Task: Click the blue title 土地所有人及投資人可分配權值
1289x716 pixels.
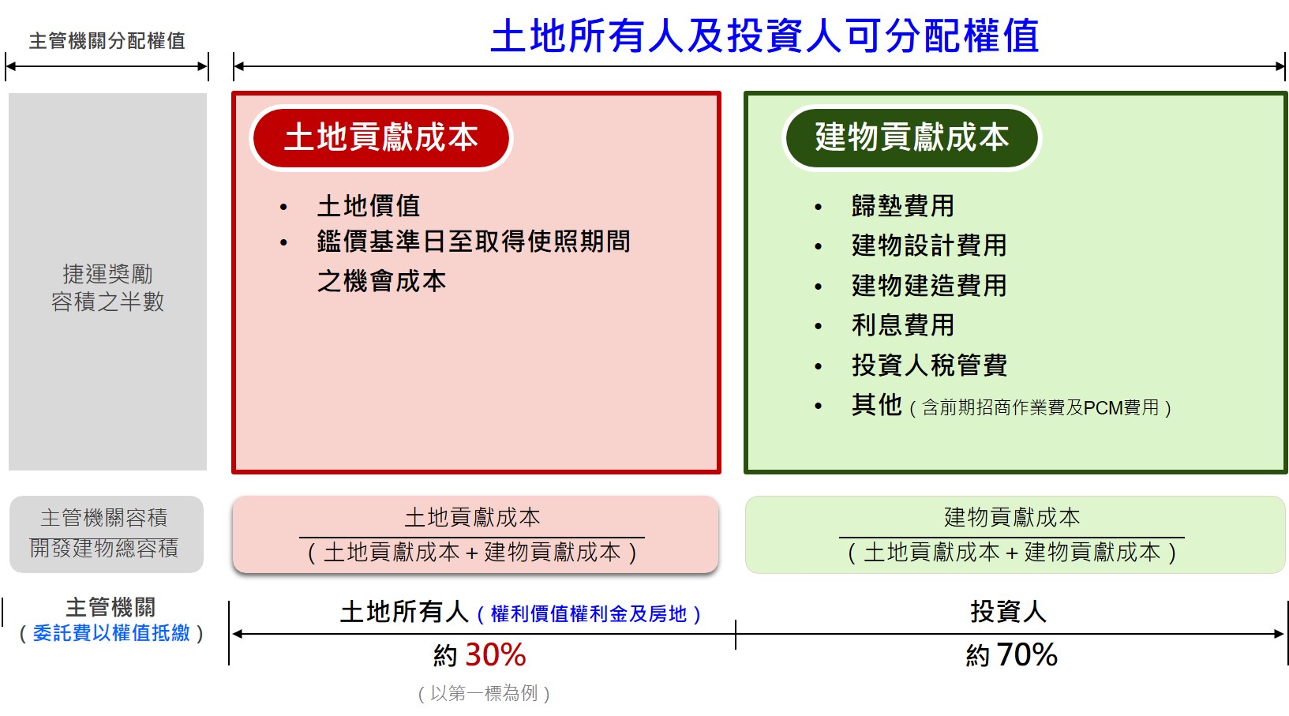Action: pos(765,36)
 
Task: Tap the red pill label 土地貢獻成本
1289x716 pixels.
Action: pos(381,137)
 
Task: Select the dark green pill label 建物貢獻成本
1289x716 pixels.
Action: pos(912,137)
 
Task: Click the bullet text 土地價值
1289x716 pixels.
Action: pos(369,206)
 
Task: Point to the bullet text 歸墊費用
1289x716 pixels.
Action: pos(903,206)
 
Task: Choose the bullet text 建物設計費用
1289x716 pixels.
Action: pos(929,246)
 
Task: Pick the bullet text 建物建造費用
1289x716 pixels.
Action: pos(929,286)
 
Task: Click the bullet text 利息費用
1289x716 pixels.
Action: pos(903,325)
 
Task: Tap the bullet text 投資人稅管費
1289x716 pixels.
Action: pos(929,365)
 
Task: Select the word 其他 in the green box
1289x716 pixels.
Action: pos(877,405)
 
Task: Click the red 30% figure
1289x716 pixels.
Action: pos(496,655)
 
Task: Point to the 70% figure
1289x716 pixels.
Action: pos(1027,655)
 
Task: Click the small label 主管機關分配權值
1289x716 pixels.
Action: pos(107,41)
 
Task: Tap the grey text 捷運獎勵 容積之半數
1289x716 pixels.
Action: pos(107,288)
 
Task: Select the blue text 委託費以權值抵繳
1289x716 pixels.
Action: pos(111,633)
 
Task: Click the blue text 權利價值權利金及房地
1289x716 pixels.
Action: pos(589,614)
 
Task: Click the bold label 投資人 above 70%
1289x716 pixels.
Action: pos(1008,611)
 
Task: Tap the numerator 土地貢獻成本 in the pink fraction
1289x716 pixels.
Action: pos(473,518)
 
